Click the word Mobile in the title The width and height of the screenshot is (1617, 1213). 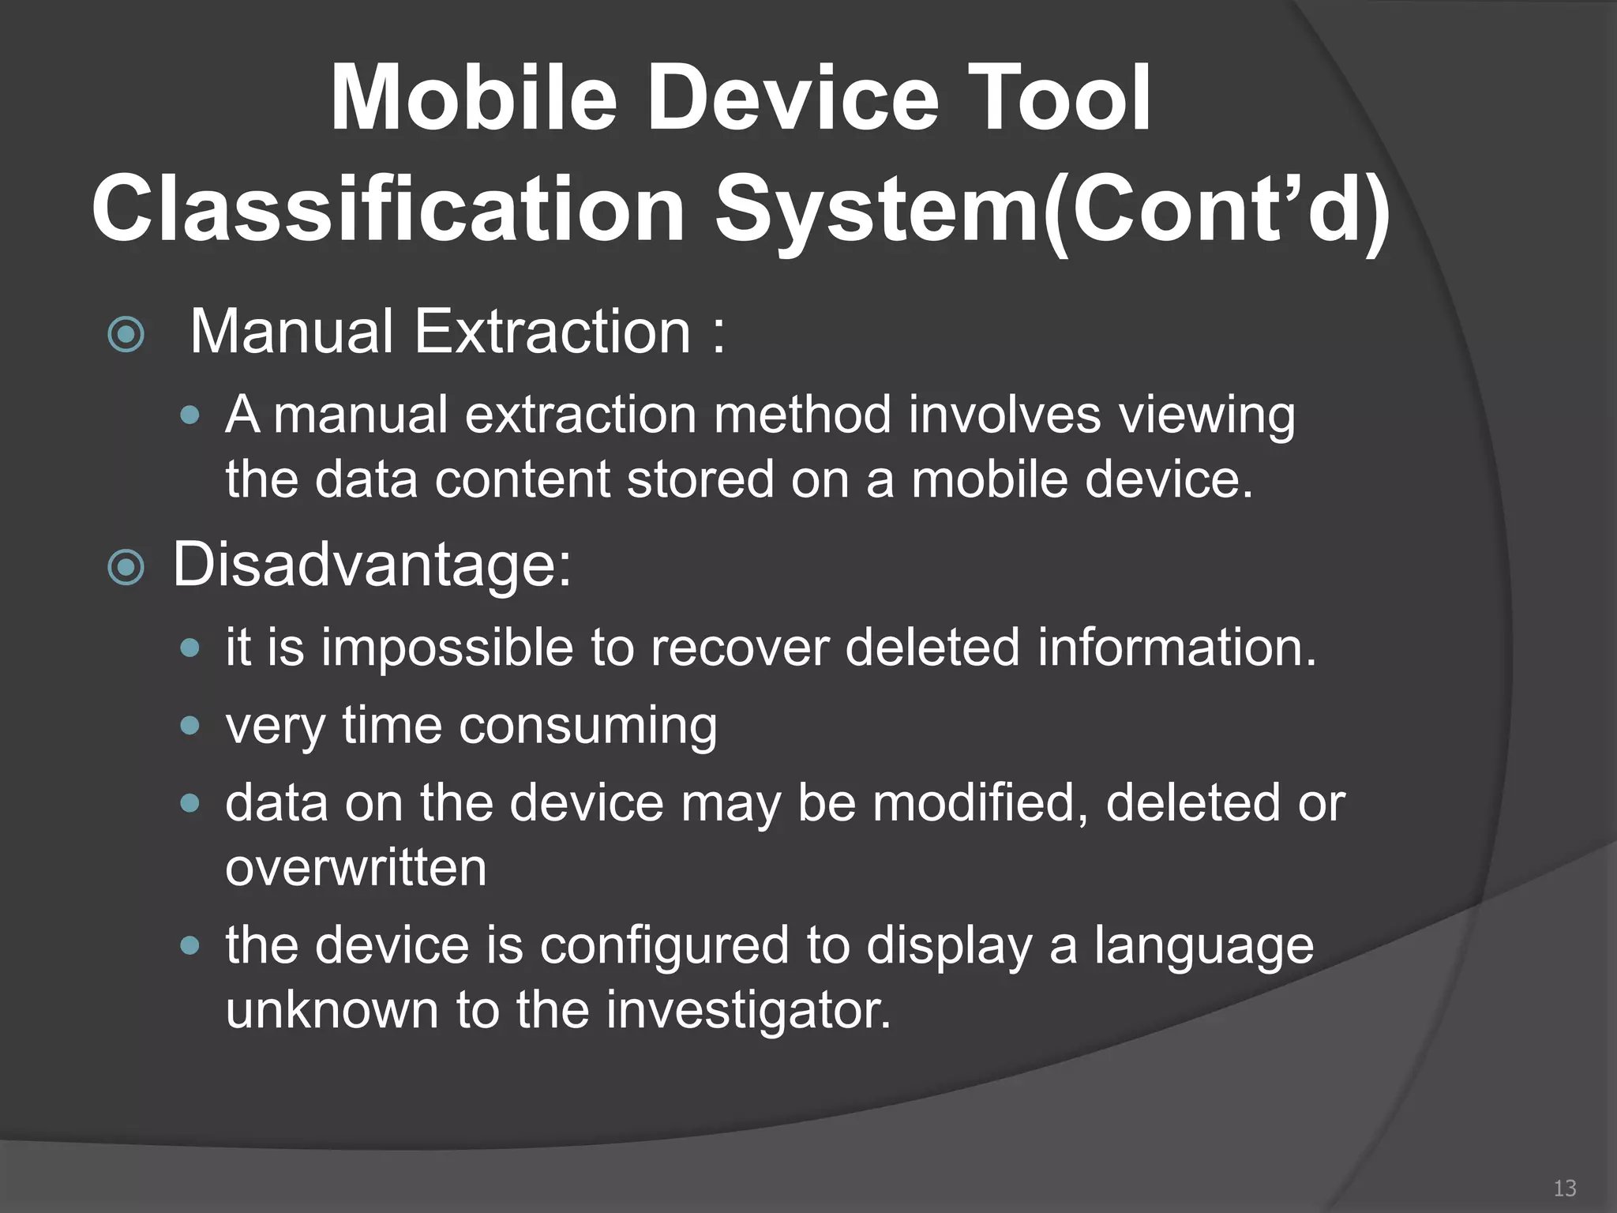[x=472, y=99]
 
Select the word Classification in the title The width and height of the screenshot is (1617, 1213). [x=388, y=209]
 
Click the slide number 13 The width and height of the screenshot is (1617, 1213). [x=1564, y=1188]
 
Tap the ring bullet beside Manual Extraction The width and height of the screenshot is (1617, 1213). [x=126, y=335]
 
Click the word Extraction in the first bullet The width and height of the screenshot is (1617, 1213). [x=552, y=332]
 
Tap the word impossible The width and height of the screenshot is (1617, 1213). [x=447, y=648]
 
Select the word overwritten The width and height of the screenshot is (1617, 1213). [x=355, y=868]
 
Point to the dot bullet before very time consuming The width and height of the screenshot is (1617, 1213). [x=189, y=726]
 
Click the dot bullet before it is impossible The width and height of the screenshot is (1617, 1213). [x=189, y=648]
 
